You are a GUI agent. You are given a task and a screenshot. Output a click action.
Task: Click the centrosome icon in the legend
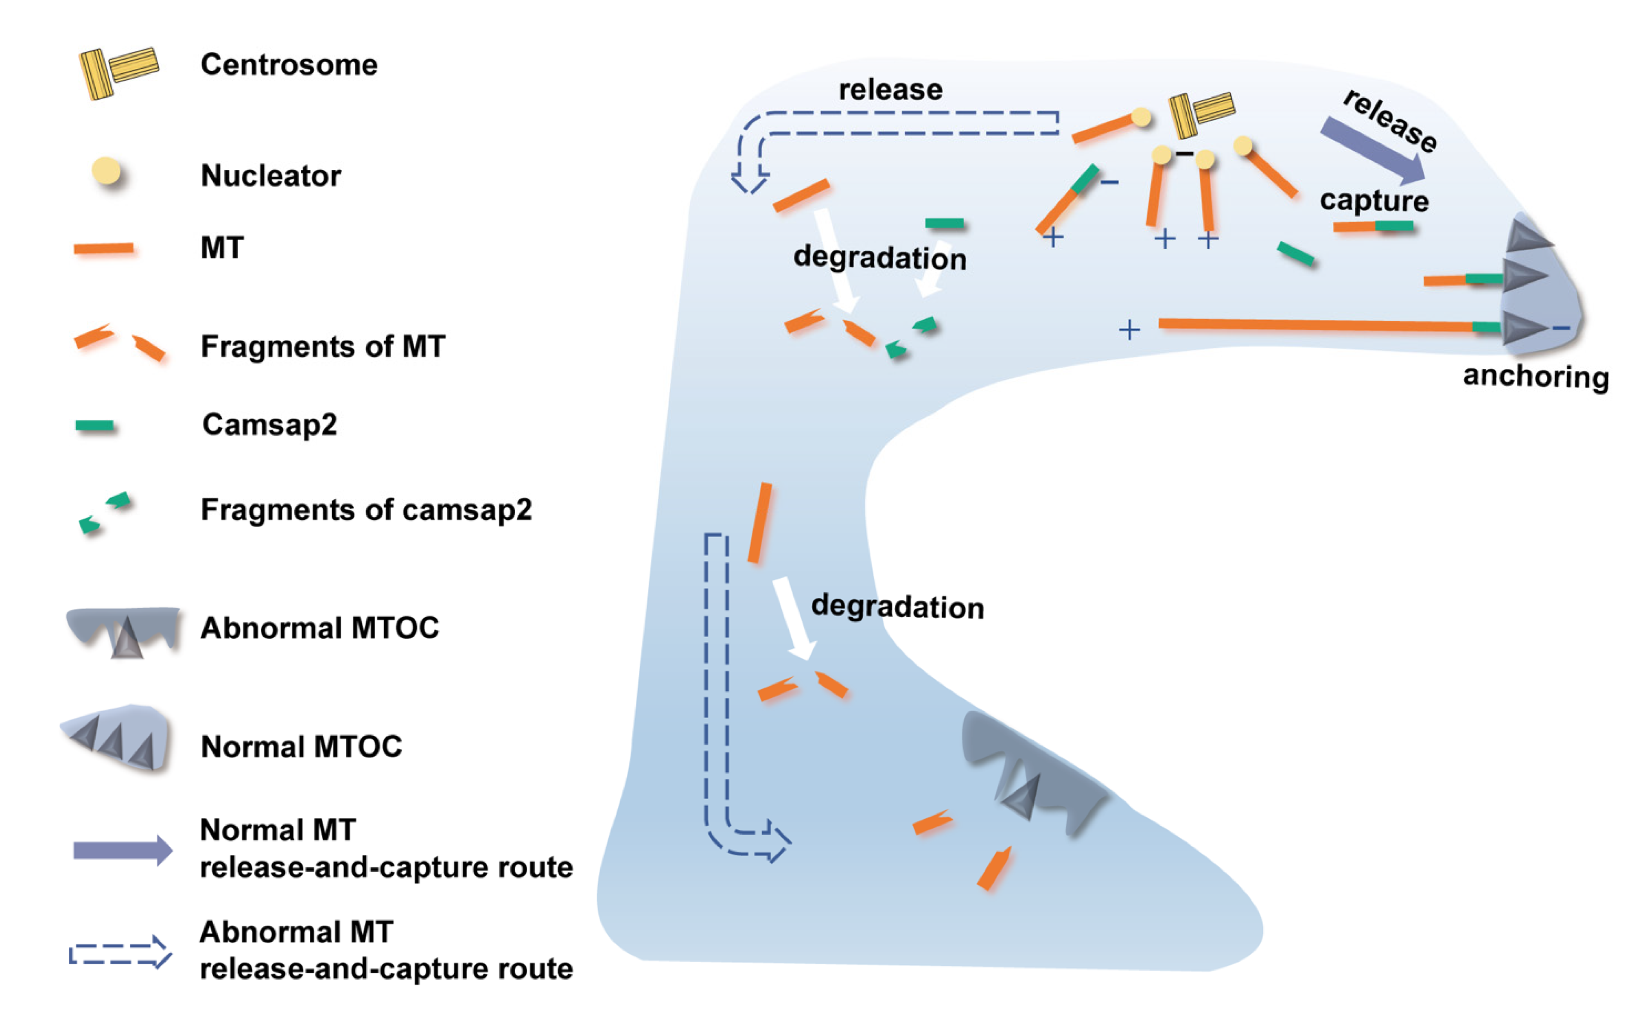pos(118,72)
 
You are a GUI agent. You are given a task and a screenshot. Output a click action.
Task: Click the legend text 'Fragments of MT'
pos(323,346)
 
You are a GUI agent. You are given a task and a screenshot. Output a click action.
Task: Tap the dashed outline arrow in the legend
pos(120,952)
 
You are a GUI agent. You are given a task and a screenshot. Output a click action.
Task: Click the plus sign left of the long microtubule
pos(1129,330)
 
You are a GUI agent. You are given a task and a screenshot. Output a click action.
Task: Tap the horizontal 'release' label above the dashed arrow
pos(890,90)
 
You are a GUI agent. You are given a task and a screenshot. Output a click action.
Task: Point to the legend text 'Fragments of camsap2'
pos(366,510)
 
